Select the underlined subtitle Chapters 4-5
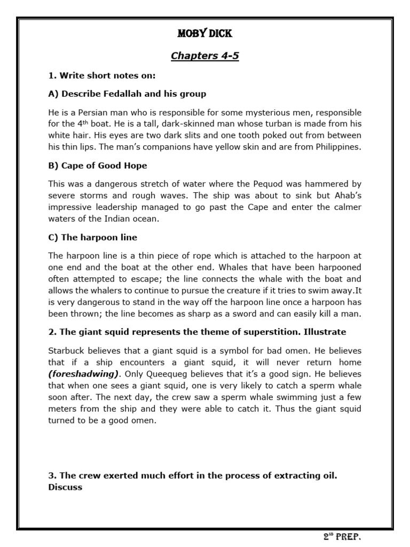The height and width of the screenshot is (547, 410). [204, 56]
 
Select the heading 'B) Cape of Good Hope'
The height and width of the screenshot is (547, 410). [97, 166]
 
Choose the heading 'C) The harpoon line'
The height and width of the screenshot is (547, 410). [92, 237]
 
